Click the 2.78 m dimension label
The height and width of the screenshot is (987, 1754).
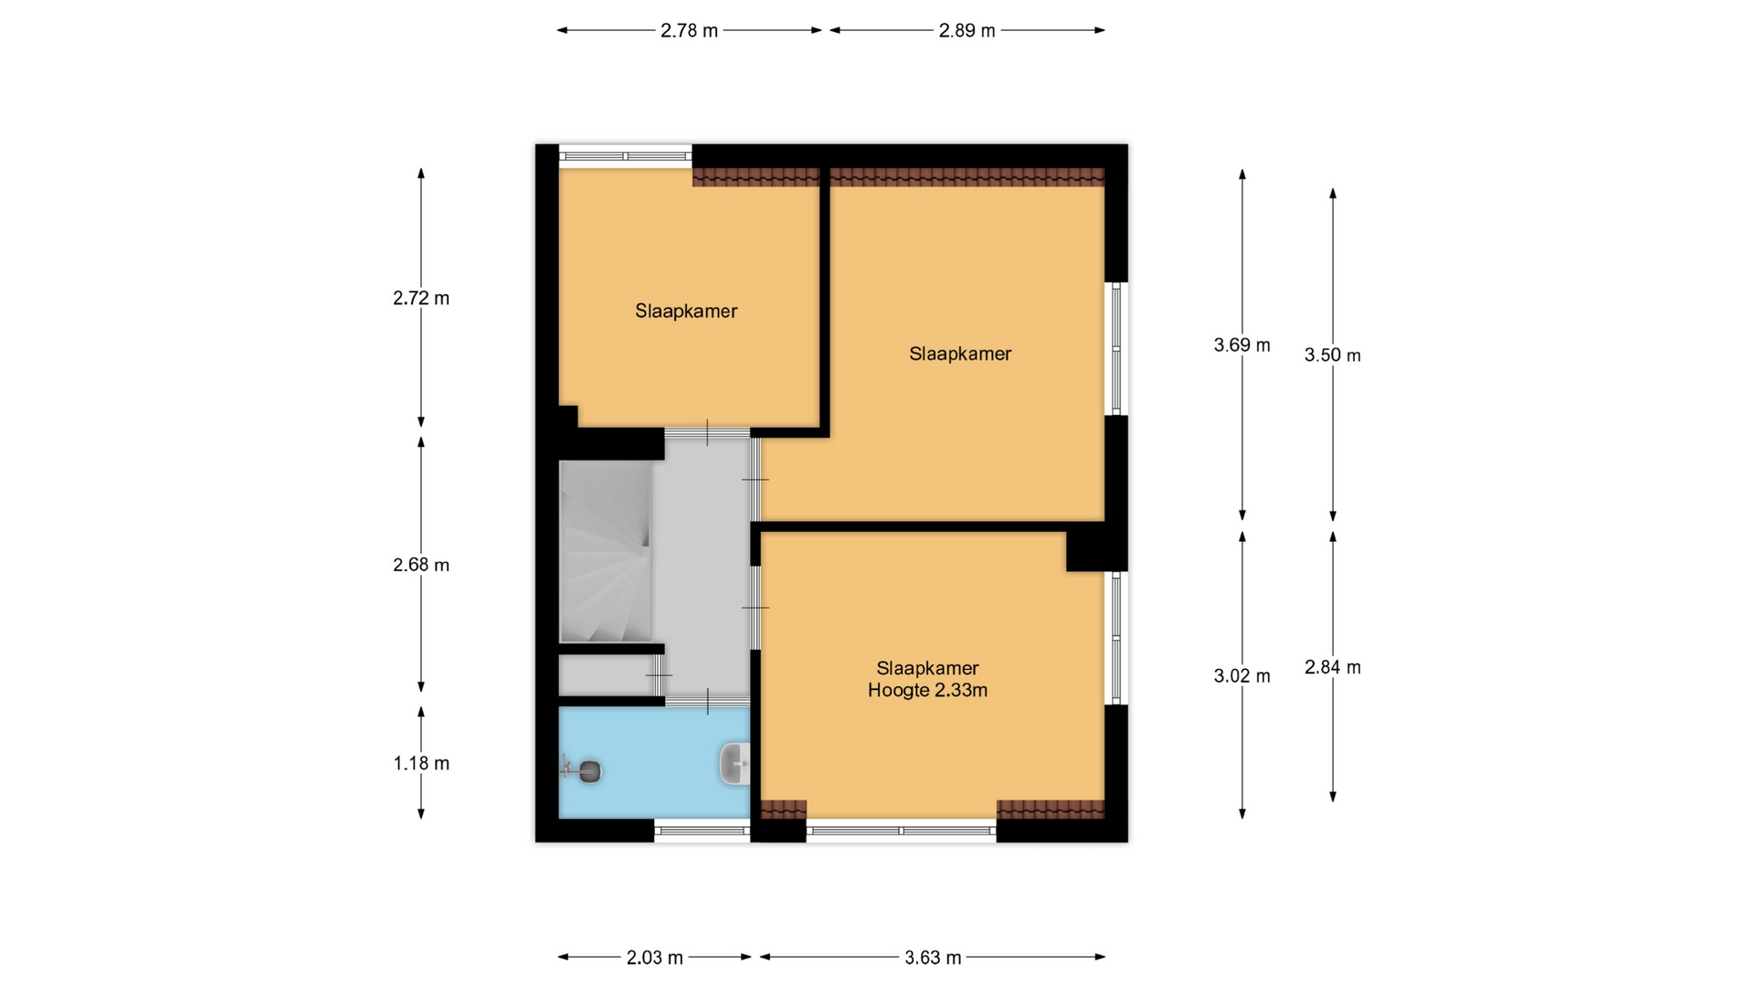click(689, 30)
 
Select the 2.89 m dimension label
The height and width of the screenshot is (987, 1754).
click(967, 30)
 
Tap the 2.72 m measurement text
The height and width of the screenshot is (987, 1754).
click(421, 298)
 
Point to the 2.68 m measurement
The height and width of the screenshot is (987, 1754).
click(421, 565)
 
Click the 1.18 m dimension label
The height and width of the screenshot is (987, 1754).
click(421, 763)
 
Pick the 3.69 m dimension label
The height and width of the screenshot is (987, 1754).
click(1242, 345)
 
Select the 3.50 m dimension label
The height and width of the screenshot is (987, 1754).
click(1332, 356)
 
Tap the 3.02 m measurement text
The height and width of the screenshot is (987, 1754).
click(1242, 676)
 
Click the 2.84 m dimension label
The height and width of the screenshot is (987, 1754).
click(1332, 667)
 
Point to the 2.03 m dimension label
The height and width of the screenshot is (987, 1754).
click(654, 958)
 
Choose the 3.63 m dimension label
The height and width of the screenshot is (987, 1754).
click(933, 958)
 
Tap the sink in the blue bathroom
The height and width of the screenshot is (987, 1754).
click(735, 763)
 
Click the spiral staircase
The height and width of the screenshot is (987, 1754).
click(605, 551)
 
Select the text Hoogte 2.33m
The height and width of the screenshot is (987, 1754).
click(927, 691)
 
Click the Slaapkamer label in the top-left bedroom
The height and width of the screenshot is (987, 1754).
click(686, 311)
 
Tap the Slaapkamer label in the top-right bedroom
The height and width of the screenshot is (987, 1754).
click(960, 354)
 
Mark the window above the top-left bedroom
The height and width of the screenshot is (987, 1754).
click(626, 156)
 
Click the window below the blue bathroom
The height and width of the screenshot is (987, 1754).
click(703, 831)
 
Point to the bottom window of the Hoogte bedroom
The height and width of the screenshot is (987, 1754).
click(901, 831)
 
